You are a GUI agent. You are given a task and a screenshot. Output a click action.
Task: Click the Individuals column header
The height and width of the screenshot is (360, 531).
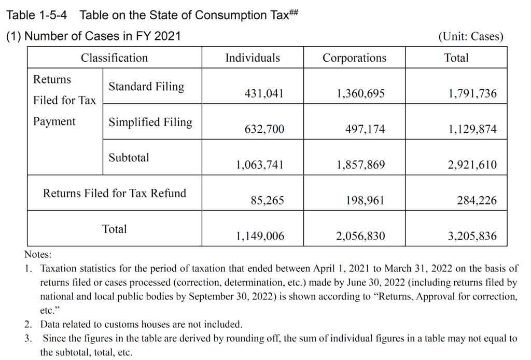coord(253,58)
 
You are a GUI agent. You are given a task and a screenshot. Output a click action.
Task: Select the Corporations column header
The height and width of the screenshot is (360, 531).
coord(354,58)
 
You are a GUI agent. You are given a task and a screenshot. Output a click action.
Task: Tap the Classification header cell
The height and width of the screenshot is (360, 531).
coord(114,58)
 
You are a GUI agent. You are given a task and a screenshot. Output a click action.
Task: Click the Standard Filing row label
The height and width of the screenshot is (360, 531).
coord(146,87)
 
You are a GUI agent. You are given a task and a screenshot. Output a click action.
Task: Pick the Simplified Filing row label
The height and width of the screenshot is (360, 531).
coord(150,122)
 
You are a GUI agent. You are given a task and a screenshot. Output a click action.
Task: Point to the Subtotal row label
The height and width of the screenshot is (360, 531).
coord(129,158)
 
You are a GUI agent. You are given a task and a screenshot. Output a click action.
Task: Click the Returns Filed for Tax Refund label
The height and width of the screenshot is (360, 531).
coord(114,193)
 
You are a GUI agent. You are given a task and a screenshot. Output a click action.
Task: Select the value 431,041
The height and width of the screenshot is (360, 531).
coord(264,94)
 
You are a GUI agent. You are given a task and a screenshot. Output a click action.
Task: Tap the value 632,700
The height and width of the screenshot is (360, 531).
coord(264,129)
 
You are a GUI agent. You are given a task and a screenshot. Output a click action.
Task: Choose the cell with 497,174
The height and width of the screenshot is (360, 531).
coord(365,129)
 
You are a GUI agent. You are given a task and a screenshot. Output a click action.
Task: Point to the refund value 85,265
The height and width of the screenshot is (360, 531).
coord(268,200)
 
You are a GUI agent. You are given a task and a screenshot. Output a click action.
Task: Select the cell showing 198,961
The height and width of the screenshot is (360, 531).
coord(365,200)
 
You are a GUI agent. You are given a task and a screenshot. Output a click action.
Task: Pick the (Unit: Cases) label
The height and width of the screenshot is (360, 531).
coord(470,37)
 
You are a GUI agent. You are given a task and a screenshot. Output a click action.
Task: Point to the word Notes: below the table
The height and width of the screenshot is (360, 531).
coord(38,255)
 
